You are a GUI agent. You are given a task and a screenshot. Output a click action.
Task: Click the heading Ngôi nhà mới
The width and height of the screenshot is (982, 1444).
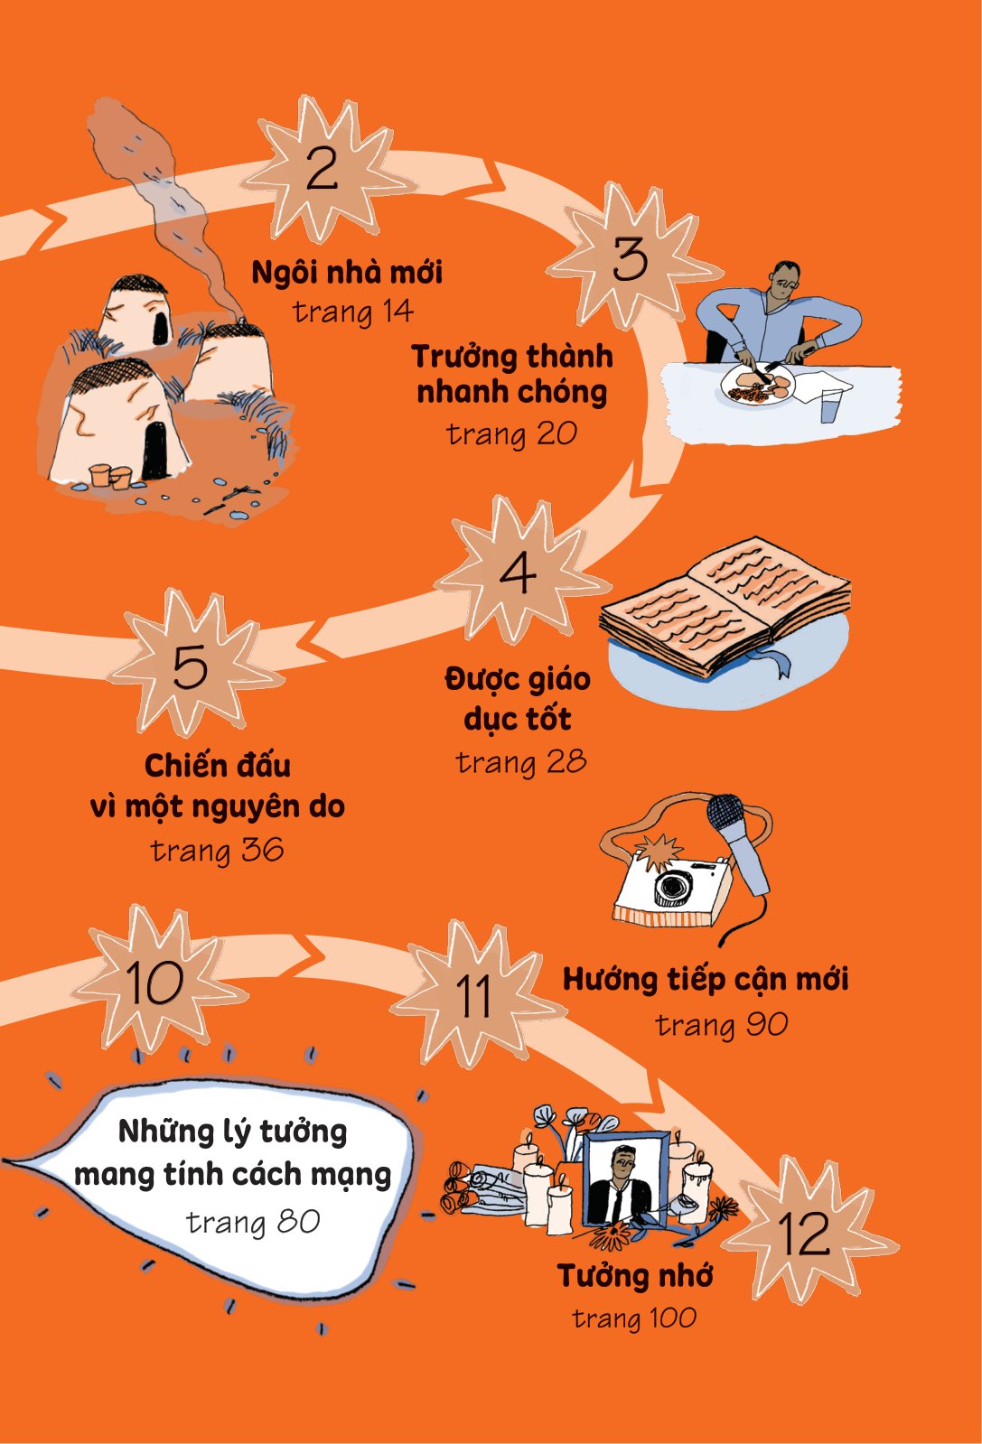point(347,272)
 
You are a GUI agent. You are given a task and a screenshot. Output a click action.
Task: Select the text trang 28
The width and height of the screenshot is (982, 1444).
point(521,762)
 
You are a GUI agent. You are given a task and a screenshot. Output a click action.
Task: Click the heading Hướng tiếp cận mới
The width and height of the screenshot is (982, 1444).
point(706,981)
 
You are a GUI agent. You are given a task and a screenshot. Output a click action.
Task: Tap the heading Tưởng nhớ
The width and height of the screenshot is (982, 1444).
point(635,1275)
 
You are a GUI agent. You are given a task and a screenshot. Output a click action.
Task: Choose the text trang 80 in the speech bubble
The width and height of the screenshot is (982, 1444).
point(253,1222)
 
